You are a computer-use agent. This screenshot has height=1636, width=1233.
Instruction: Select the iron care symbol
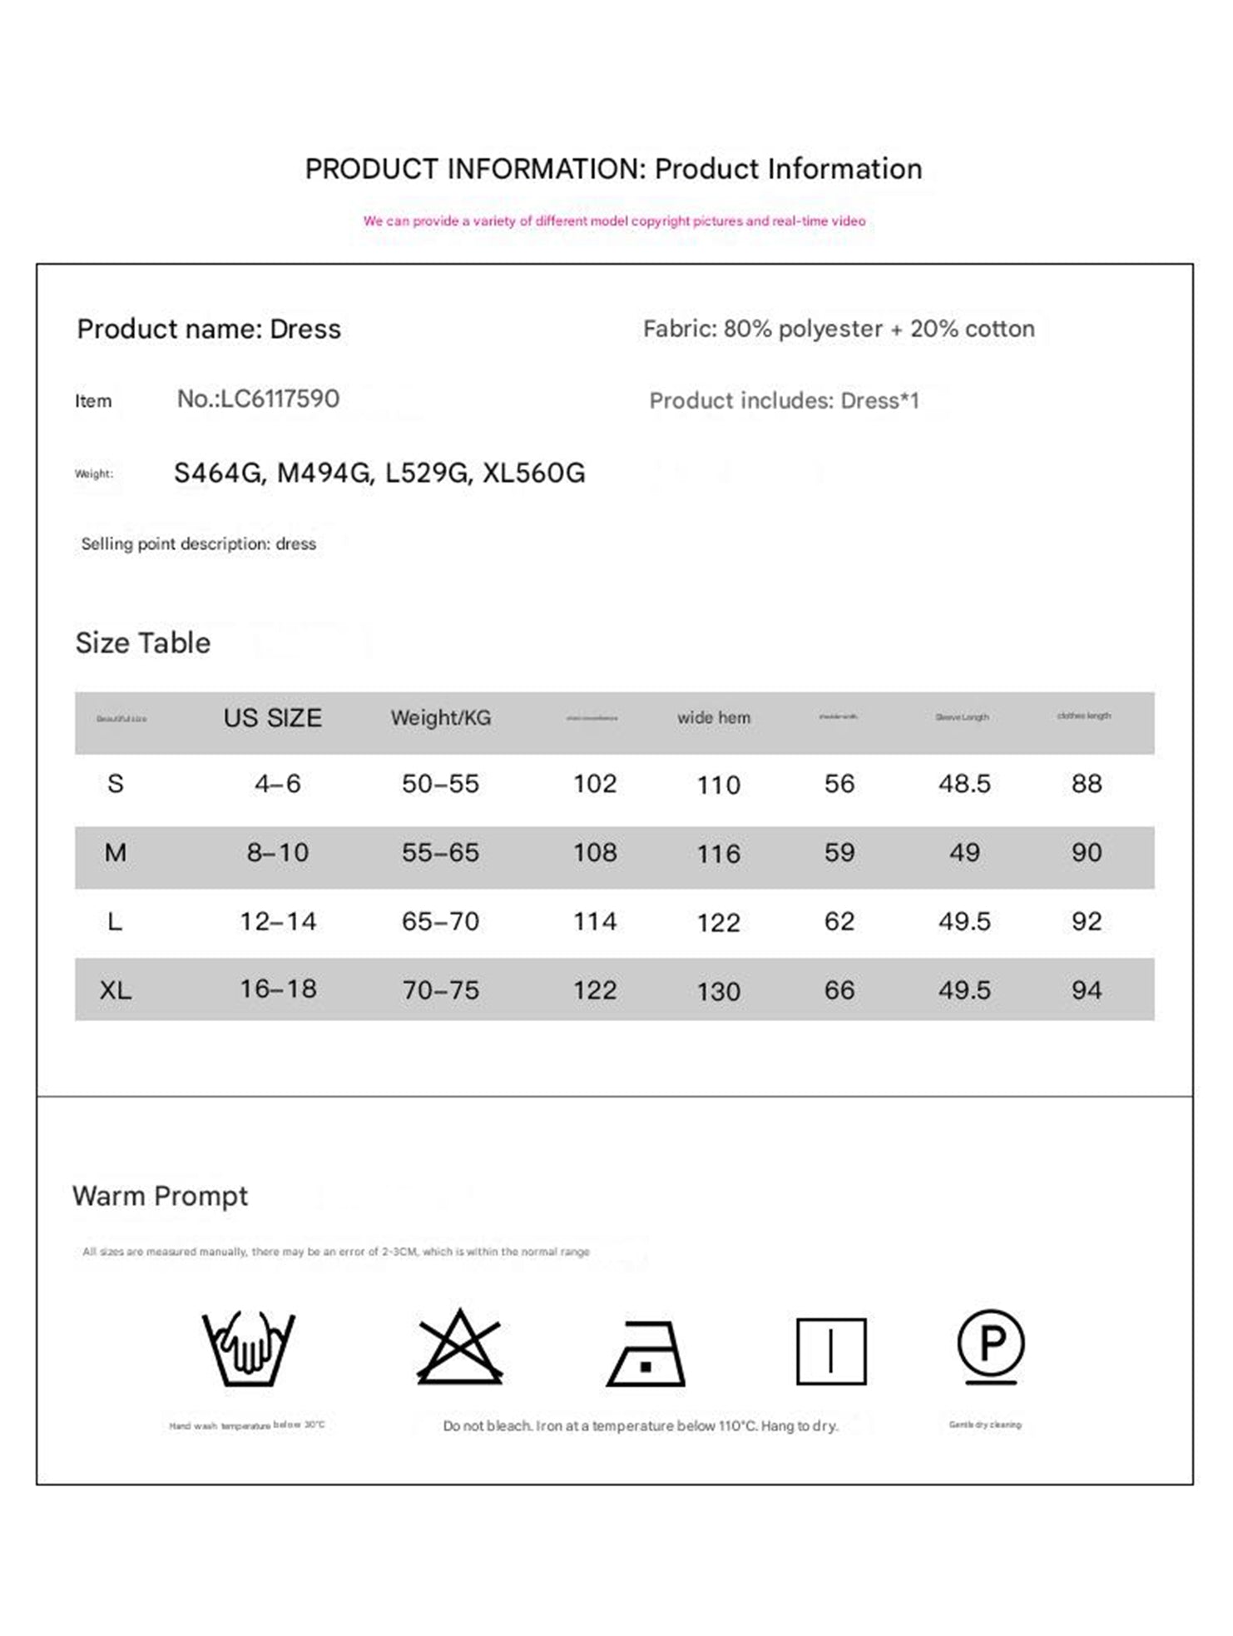646,1353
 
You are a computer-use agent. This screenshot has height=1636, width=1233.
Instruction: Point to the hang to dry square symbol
830,1351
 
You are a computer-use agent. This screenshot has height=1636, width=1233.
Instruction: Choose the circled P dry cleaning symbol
990,1346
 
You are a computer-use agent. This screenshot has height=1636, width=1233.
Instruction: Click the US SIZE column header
272,718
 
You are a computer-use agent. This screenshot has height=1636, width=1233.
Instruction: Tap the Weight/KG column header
441,718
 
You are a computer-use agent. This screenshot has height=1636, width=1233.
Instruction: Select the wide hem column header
713,718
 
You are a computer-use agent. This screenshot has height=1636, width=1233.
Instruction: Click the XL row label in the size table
115,990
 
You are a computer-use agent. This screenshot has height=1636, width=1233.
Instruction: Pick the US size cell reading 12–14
278,921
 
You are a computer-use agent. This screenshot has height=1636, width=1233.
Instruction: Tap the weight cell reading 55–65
440,853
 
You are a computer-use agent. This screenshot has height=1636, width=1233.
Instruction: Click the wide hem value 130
718,991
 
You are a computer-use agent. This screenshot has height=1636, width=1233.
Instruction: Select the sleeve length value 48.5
964,784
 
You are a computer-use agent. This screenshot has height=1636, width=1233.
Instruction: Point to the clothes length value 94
1086,990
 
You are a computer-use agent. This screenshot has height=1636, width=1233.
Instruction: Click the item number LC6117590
258,399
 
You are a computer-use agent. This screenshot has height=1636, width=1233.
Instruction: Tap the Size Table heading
143,643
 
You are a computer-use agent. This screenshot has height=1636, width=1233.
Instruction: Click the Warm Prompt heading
160,1196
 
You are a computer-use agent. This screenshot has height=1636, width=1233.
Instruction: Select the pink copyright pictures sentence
614,221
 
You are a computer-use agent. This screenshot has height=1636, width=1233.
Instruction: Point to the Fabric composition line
839,329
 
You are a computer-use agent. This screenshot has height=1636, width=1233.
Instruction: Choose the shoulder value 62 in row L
839,921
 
